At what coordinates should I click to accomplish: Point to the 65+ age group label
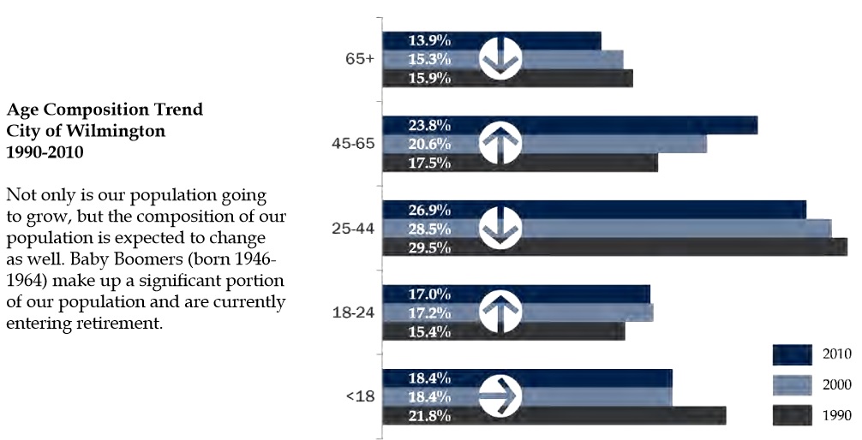click(359, 59)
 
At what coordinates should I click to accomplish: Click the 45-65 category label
click(353, 143)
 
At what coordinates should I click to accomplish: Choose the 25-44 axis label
click(353, 228)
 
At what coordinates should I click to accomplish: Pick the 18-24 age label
click(353, 312)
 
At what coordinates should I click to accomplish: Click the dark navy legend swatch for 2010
click(791, 354)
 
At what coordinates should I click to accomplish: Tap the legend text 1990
click(836, 416)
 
